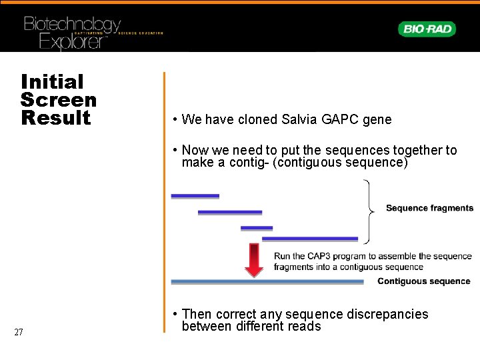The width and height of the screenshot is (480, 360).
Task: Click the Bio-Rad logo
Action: point(427,29)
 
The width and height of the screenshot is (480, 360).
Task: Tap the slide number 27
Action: point(19,333)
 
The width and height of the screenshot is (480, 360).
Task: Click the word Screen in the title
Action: point(59,100)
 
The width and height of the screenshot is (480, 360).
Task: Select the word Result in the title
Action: point(56,118)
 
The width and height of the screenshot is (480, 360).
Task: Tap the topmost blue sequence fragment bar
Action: point(195,196)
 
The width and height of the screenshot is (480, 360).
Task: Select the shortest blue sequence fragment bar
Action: point(257,228)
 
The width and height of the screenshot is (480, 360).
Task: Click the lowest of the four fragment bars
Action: point(310,239)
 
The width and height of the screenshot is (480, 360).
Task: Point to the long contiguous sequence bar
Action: point(267,281)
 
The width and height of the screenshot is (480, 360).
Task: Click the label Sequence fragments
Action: point(429,208)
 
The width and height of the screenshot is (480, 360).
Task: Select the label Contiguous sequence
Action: point(423,281)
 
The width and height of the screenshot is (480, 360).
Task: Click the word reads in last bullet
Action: point(305,327)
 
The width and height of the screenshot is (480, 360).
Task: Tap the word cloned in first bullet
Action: point(257,119)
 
